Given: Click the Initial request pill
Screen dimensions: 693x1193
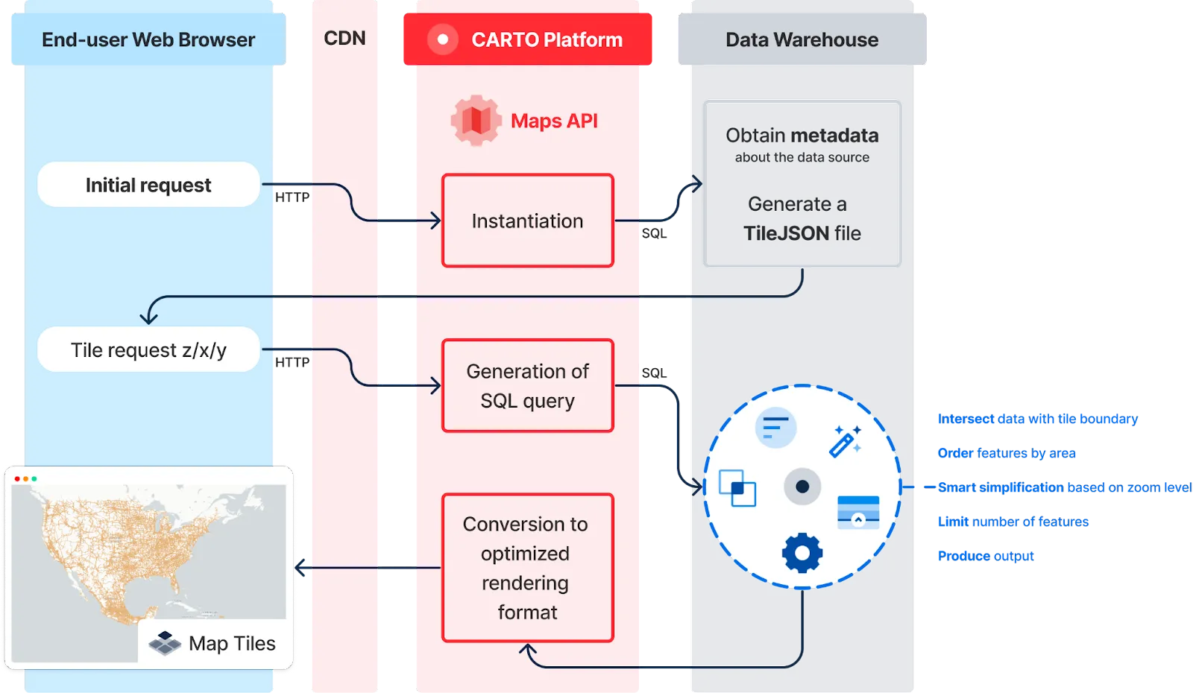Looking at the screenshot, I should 148,185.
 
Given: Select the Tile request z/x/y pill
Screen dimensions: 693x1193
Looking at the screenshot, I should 148,349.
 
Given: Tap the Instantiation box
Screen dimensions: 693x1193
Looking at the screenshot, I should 527,221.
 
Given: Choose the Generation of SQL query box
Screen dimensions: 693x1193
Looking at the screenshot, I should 527,386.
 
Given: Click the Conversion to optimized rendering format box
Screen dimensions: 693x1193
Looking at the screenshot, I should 527,568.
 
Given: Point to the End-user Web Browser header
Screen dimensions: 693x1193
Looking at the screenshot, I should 148,39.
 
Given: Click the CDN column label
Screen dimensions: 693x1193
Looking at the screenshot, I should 344,39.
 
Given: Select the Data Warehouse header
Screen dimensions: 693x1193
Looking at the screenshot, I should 802,39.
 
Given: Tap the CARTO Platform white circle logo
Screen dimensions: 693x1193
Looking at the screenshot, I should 443,39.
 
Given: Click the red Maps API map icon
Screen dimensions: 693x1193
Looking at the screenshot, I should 476,121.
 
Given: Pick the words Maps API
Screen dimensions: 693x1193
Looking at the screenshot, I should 554,121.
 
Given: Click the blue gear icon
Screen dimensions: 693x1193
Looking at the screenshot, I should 802,552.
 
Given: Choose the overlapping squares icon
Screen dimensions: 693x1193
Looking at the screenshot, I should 737,488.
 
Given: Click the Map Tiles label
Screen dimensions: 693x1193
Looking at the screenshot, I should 232,643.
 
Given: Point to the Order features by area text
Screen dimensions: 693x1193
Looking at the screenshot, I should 1007,453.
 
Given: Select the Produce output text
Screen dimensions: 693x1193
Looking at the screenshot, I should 986,556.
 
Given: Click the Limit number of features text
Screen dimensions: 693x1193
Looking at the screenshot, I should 1013,522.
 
